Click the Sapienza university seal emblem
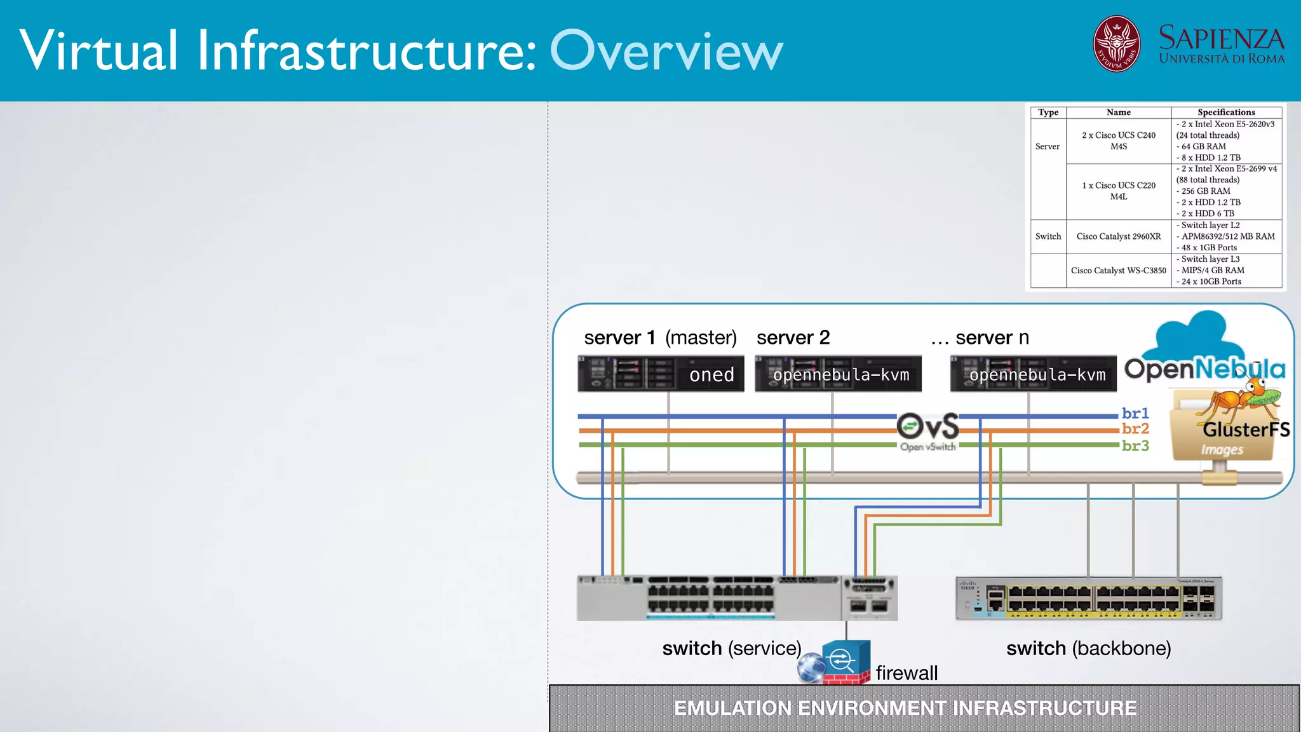click(x=1116, y=44)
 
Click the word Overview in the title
click(x=666, y=51)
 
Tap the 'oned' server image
click(x=661, y=374)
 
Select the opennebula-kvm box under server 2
click(x=838, y=374)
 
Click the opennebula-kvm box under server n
click(x=1033, y=374)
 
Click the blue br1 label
click(x=1135, y=413)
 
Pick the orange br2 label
click(x=1135, y=429)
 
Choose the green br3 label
click(x=1135, y=445)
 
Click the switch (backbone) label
click(x=1088, y=648)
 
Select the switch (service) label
click(x=731, y=648)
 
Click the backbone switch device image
click(x=1088, y=598)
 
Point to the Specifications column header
click(x=1225, y=112)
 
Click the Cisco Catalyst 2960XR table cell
click(x=1118, y=236)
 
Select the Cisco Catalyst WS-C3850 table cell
click(x=1118, y=271)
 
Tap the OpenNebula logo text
click(x=1204, y=369)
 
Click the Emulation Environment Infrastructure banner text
click(x=905, y=708)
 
